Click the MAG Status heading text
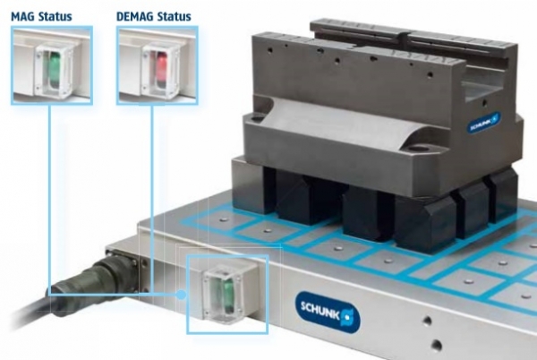pos(41,16)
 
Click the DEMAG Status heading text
pos(153,16)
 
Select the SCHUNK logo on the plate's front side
pos(328,312)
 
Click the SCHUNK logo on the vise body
pos(483,123)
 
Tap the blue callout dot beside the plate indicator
pos(181,295)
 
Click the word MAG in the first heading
pos(22,16)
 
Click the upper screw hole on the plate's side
pos(427,321)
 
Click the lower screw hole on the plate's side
pos(436,344)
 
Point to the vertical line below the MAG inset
pos(49,199)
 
